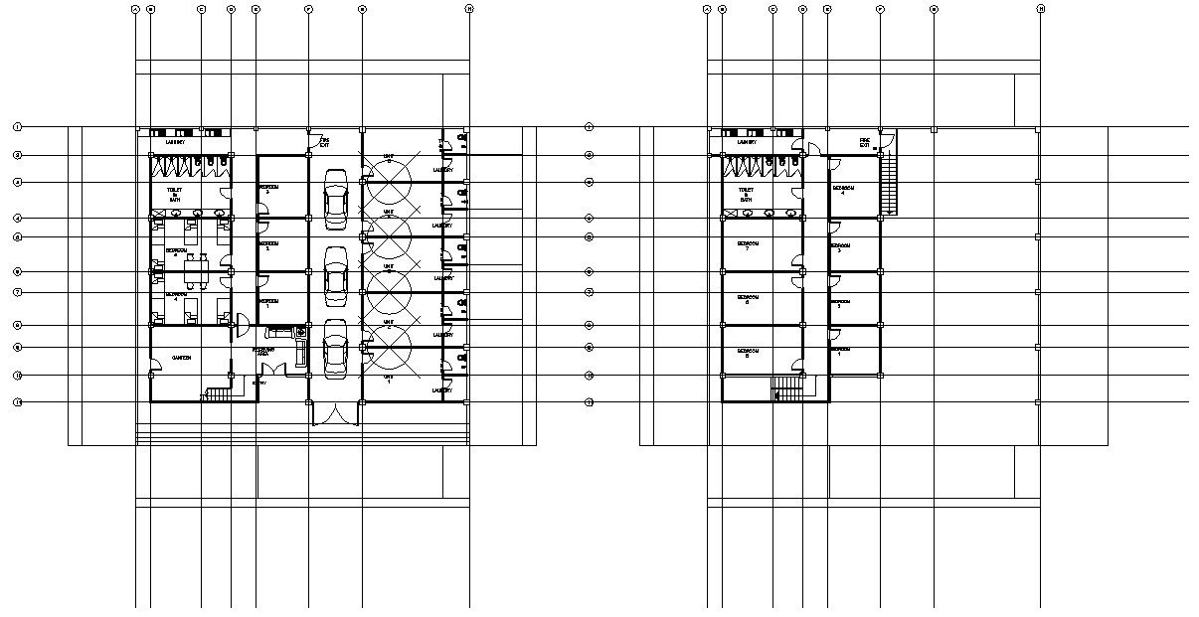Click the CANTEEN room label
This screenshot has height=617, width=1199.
coord(181,358)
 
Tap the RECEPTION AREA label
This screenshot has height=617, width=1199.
coord(263,352)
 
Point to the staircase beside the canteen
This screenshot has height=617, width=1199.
coord(218,394)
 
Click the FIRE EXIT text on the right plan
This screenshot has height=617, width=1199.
coord(865,142)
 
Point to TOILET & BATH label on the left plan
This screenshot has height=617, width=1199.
coord(175,192)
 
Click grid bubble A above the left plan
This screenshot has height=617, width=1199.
coord(135,9)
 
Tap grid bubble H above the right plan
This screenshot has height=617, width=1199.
coord(1040,9)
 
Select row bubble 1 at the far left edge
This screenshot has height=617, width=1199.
coord(17,127)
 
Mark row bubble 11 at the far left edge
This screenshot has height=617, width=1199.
coord(17,402)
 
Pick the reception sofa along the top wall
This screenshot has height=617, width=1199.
coord(281,332)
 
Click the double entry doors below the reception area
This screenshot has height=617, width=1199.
coord(335,413)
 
